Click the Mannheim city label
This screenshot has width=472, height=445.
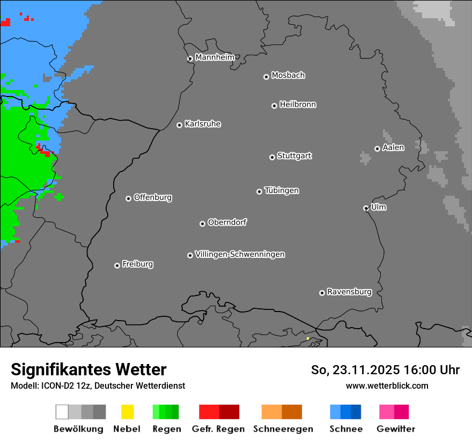[215, 57]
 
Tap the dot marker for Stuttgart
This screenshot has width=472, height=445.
[272, 157]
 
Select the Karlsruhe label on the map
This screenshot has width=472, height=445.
[203, 124]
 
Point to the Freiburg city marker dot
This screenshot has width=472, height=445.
[117, 265]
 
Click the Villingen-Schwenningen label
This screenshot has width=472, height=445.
[240, 254]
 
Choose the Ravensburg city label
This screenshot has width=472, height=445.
[349, 292]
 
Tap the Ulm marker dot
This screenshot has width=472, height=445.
[366, 208]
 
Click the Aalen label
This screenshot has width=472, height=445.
[393, 147]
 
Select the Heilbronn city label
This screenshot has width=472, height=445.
[298, 105]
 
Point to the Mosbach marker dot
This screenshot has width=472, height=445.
[266, 77]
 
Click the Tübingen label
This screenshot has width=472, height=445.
[282, 190]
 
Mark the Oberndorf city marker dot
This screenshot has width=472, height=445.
[202, 224]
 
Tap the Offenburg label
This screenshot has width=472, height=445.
[153, 197]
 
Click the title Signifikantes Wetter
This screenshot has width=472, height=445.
[88, 369]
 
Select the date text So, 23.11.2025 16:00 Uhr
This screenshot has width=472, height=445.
[385, 370]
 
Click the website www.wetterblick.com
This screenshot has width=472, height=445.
[387, 385]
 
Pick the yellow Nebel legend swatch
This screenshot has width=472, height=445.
[127, 412]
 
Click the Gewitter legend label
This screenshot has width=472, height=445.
[396, 429]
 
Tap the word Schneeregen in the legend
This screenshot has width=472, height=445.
[283, 429]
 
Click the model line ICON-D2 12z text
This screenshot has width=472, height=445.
[98, 385]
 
